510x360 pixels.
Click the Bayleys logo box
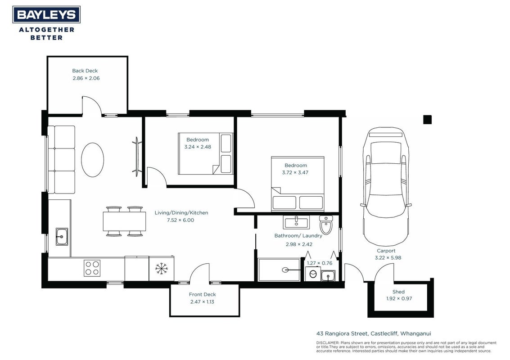point(46,15)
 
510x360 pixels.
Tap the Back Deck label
point(85,71)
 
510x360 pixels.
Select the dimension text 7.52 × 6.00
point(181,220)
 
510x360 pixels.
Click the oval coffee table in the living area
point(92,160)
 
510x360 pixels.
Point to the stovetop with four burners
point(92,268)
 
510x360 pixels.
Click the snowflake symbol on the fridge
point(161,269)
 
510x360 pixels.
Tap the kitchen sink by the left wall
point(62,236)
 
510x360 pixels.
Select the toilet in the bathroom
point(326,225)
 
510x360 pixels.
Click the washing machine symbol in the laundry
point(313,274)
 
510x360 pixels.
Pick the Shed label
point(398,292)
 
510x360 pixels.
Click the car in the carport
point(386,186)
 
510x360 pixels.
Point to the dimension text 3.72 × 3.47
point(295,172)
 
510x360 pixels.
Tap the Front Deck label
point(202,294)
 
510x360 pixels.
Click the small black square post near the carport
point(427,120)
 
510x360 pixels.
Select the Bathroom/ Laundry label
point(298,235)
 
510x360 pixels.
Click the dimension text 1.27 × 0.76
point(320,263)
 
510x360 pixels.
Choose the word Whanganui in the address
point(415,333)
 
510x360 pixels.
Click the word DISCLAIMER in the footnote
point(328,343)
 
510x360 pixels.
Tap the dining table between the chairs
point(125,221)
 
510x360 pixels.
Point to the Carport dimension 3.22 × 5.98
point(388,257)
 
